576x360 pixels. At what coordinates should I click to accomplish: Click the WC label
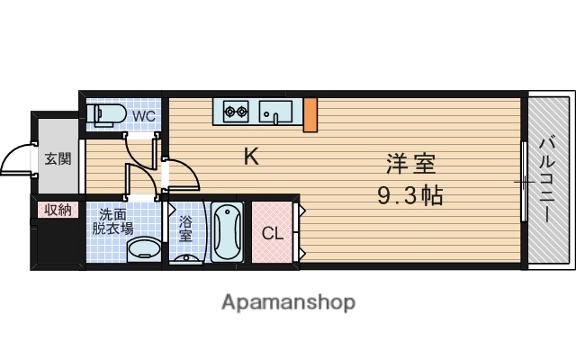point(144,116)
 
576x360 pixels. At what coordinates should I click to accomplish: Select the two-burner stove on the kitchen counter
point(236,112)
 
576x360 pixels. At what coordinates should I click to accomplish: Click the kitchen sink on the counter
point(274,112)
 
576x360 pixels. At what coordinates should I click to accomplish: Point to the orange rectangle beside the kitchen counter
point(309,112)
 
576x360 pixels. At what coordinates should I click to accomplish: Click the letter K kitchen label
point(252,157)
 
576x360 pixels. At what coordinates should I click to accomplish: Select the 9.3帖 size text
point(410,194)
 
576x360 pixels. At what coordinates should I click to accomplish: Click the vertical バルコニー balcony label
point(547,180)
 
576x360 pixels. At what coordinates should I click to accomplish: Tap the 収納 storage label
point(58,210)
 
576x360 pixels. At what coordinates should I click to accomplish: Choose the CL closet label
point(272,234)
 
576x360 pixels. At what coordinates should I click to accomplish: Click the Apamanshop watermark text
point(288,302)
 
